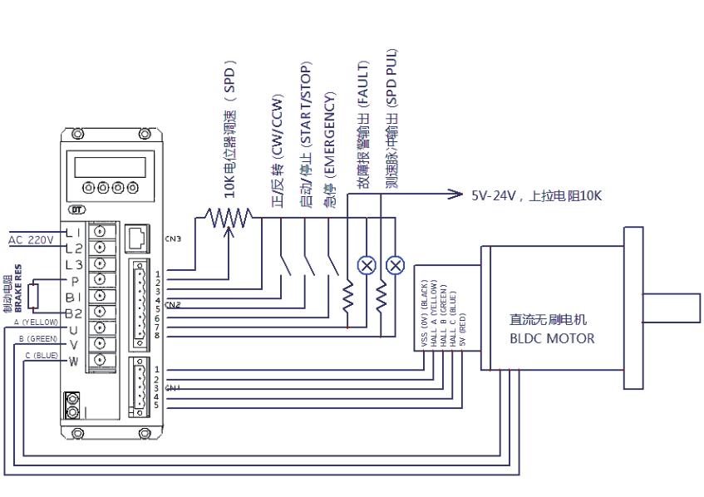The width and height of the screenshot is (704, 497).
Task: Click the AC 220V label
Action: (x=31, y=240)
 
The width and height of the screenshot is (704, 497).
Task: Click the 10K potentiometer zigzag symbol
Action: (x=228, y=218)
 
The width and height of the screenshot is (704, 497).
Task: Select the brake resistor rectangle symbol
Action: (x=33, y=296)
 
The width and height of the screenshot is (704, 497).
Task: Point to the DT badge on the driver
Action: (x=77, y=209)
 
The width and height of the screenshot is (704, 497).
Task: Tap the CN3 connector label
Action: (x=173, y=239)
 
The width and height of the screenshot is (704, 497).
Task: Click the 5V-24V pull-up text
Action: (x=537, y=196)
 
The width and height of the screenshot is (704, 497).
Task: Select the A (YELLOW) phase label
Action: (x=32, y=321)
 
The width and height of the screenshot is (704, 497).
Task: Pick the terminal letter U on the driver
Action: (x=73, y=330)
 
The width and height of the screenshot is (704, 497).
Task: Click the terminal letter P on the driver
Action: (x=73, y=280)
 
